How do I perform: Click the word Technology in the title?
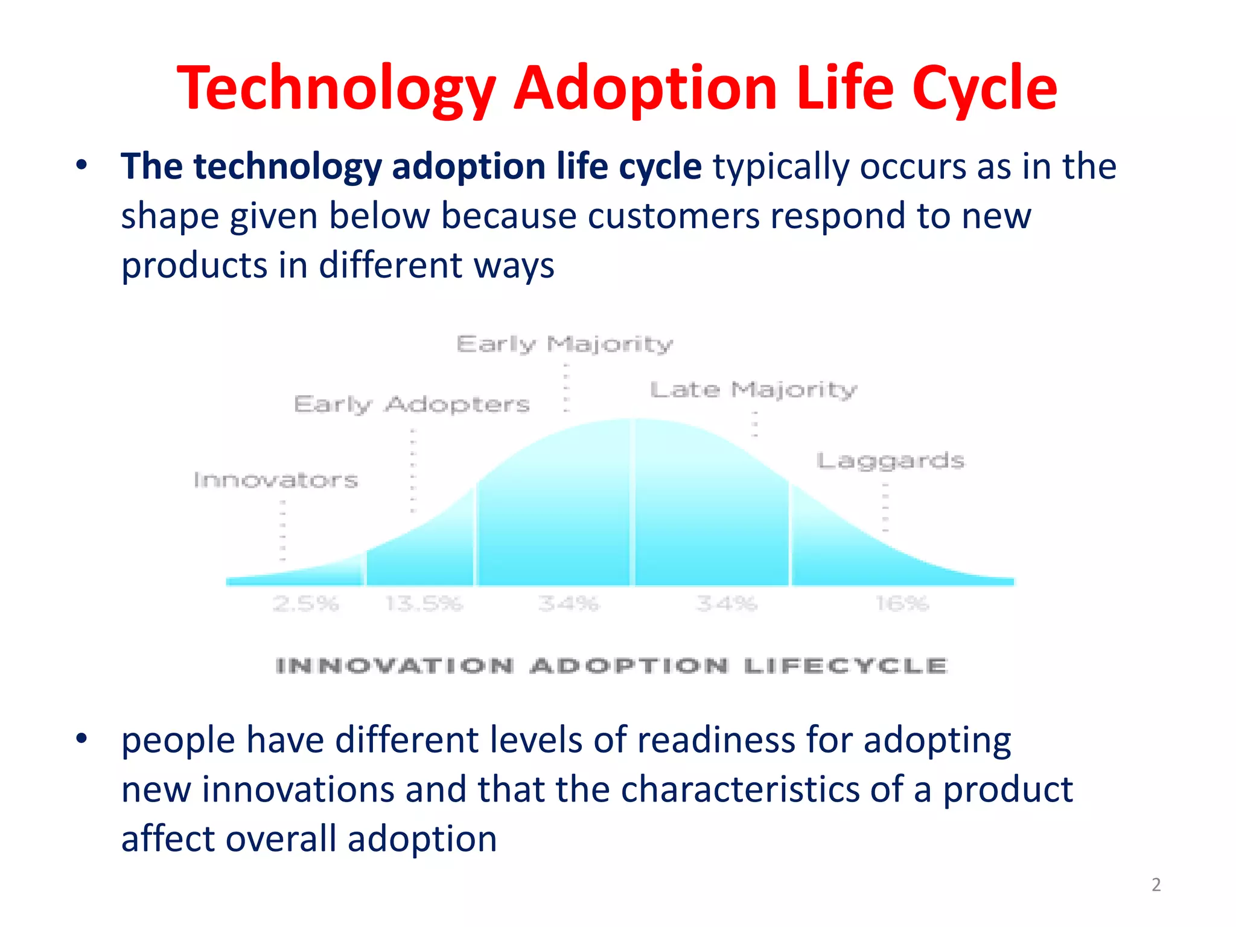[x=336, y=89]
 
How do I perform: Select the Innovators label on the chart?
[x=276, y=480]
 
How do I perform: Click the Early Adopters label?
[x=412, y=404]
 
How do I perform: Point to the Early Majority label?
[x=564, y=345]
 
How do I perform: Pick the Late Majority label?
[x=753, y=390]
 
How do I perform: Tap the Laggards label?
[x=890, y=461]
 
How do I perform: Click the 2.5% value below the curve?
[x=306, y=604]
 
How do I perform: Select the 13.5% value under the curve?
[x=424, y=604]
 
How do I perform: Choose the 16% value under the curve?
[x=902, y=604]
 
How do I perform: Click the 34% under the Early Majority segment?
[x=569, y=604]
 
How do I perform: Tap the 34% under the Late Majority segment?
[x=726, y=604]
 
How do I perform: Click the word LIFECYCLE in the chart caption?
[x=846, y=666]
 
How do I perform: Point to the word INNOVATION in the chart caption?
[x=395, y=666]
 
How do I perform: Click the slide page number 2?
[x=1156, y=885]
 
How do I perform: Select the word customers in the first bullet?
[x=673, y=216]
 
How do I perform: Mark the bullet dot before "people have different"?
[x=82, y=738]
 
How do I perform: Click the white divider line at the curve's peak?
[x=632, y=501]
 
